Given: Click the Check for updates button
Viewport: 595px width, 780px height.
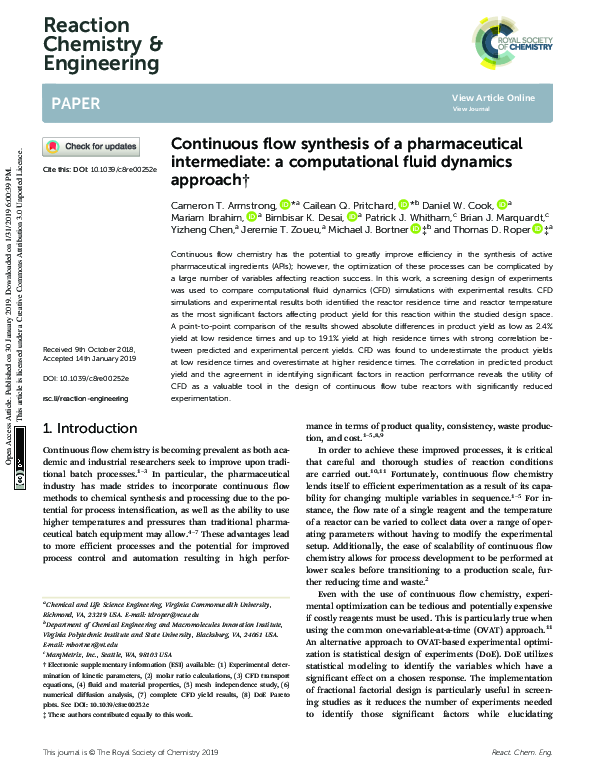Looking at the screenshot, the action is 91,147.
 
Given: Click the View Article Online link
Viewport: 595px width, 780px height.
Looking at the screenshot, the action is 493,97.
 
